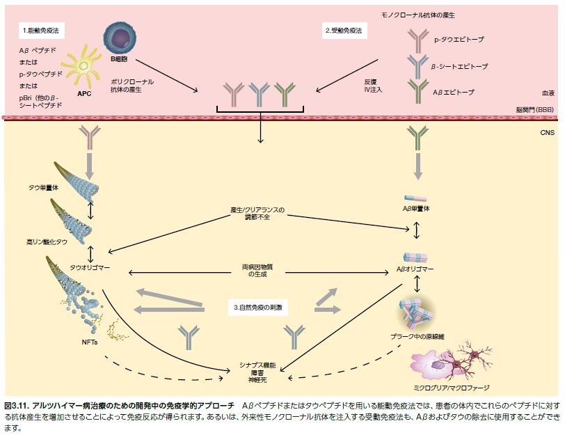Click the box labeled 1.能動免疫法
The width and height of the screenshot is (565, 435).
coord(42,31)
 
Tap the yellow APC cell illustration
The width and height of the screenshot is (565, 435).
coord(82,66)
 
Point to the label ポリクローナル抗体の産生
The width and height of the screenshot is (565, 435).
coord(132,86)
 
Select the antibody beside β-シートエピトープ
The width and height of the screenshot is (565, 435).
coord(417,65)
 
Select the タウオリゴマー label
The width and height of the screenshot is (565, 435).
coord(90,267)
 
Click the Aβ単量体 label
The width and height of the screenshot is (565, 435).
coord(417,208)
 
